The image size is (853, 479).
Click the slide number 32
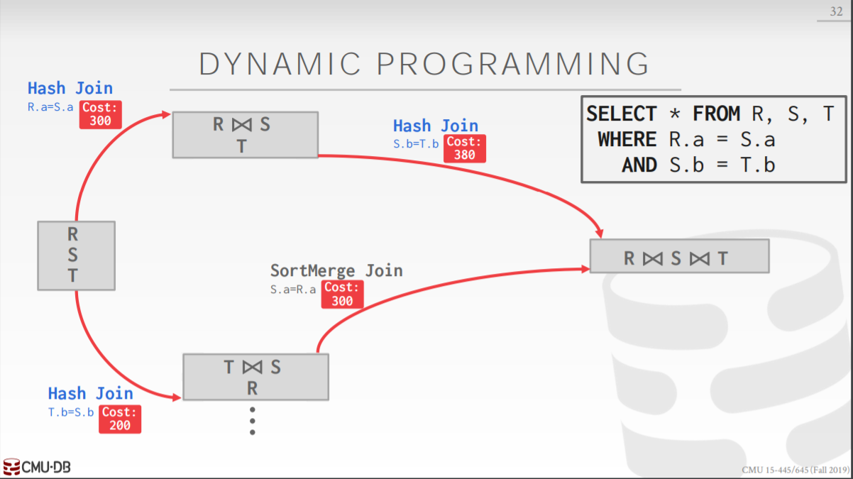pos(835,11)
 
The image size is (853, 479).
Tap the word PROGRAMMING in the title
pos(512,64)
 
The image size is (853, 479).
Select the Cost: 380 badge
pos(465,148)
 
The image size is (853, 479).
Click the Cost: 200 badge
pos(120,419)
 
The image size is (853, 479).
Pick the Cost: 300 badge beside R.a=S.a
pos(100,114)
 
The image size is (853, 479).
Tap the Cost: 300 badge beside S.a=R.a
pos(342,294)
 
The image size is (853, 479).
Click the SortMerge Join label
pos(336,270)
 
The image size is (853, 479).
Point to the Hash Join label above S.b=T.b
pos(436,126)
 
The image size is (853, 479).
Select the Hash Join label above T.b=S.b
pos(90,393)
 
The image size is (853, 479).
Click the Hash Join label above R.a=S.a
pos(70,88)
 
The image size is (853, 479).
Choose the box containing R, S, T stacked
pos(76,255)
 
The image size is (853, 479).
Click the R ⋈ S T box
pos(245,135)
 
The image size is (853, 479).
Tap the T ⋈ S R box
pos(255,377)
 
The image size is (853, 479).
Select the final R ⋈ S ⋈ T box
pos(679,257)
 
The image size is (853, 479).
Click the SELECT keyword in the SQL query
pos(622,114)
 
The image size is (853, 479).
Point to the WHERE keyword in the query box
pos(627,139)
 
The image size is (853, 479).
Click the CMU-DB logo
pos(37,467)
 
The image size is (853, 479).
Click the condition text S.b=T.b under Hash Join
pos(416,143)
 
